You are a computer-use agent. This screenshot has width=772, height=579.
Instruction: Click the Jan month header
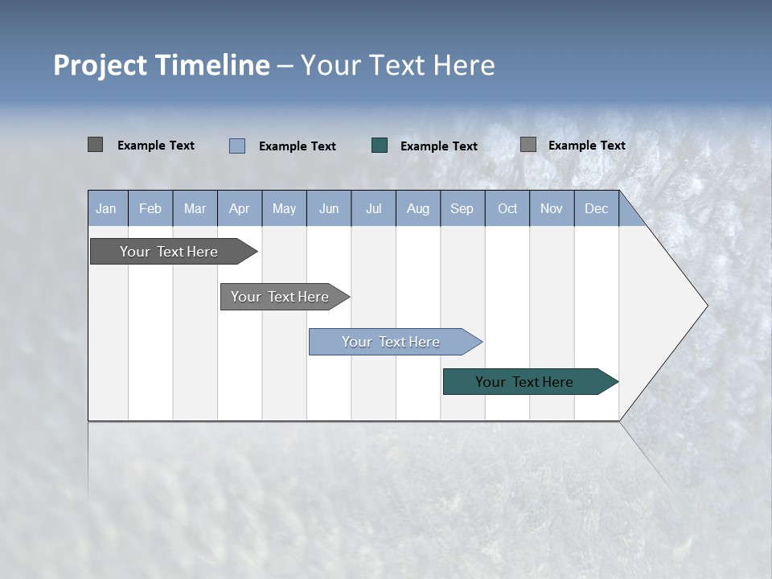click(106, 208)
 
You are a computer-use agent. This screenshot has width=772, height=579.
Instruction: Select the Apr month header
click(239, 208)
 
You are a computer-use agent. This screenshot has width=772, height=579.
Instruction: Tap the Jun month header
click(329, 208)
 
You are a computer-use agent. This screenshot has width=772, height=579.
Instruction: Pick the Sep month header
click(462, 208)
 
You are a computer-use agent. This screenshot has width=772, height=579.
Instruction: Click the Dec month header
click(596, 208)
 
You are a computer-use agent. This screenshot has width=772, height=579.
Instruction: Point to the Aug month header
click(417, 208)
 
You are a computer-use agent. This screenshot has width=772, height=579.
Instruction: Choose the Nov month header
click(551, 208)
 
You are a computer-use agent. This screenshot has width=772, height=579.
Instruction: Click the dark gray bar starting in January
click(169, 252)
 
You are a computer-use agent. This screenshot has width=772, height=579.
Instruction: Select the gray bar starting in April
click(280, 297)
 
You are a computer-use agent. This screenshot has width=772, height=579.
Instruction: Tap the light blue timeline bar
click(391, 342)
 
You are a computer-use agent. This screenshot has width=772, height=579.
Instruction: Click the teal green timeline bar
click(524, 382)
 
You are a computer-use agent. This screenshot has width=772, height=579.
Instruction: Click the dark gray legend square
click(95, 145)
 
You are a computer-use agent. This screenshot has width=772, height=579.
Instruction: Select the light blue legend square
click(236, 146)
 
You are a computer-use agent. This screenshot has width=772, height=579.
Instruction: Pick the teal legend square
click(380, 146)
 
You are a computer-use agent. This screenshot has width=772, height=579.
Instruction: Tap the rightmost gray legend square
click(528, 145)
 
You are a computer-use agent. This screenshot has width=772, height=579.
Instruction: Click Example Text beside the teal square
click(438, 146)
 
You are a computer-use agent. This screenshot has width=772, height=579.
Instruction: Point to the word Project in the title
click(101, 65)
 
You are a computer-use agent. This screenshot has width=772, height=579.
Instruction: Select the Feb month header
click(150, 208)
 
